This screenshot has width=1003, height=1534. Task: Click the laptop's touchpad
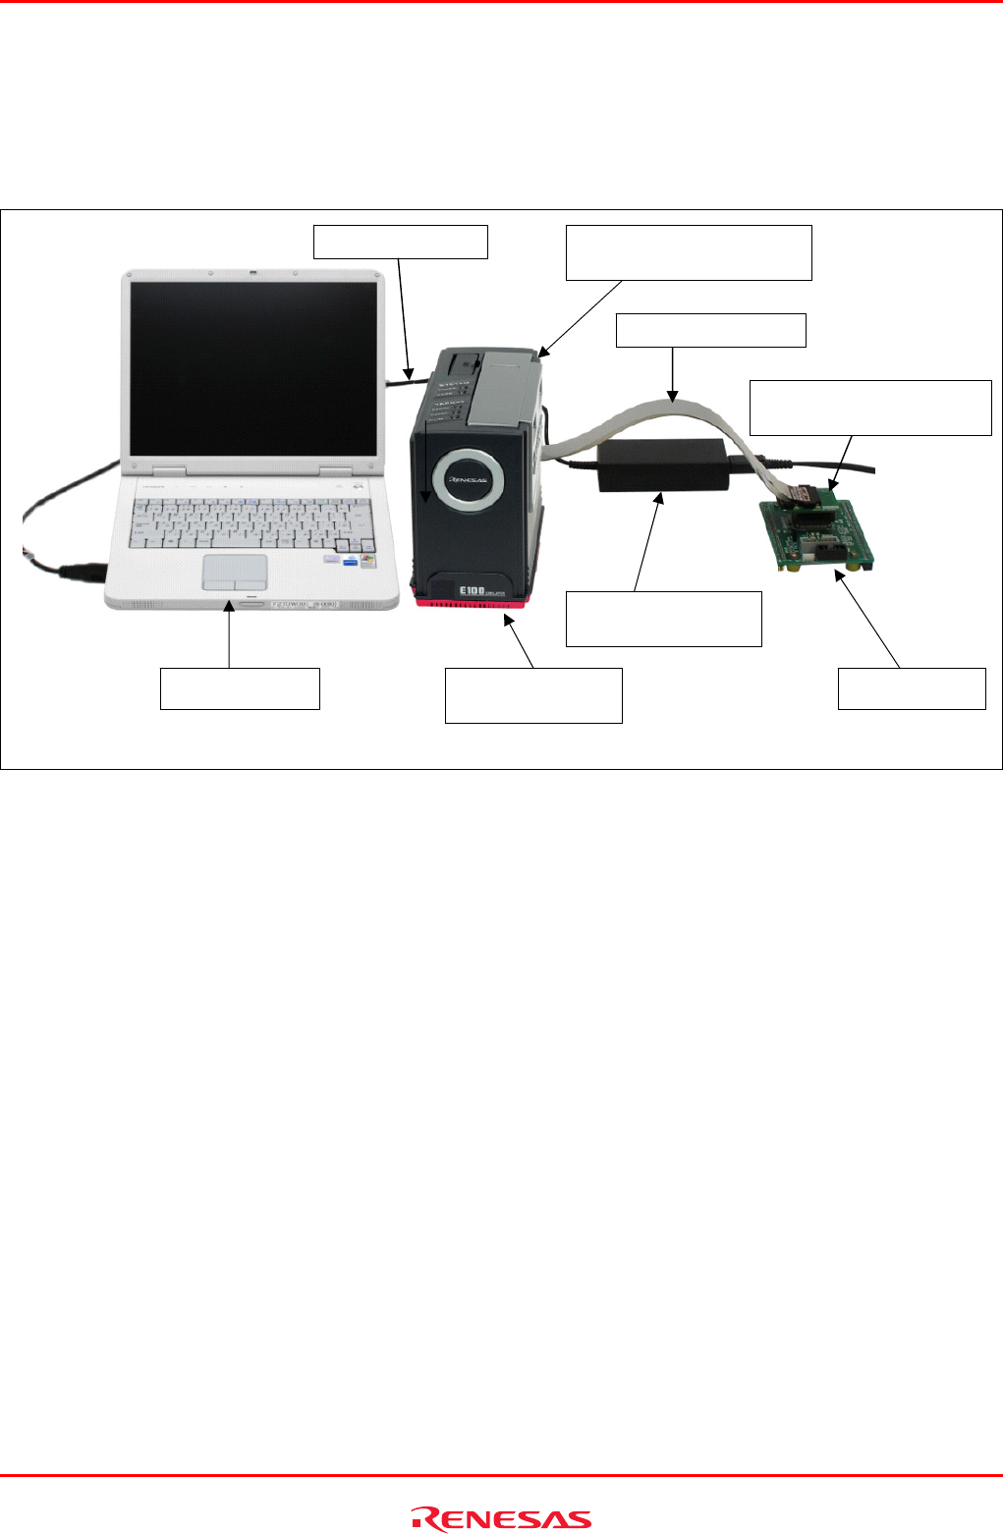coord(235,572)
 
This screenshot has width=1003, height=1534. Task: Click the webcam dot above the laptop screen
coord(252,272)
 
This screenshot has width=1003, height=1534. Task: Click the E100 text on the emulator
coord(472,593)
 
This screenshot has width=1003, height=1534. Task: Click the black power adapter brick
coord(663,466)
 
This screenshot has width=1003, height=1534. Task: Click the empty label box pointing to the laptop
coord(240,687)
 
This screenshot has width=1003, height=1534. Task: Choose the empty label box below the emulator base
coord(533,695)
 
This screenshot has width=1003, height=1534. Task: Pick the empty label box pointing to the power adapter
coord(663,618)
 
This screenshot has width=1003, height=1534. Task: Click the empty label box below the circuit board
coord(911,687)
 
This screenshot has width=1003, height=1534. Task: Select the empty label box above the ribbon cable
coord(710,330)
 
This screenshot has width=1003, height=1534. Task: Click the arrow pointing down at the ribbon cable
coord(672,374)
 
